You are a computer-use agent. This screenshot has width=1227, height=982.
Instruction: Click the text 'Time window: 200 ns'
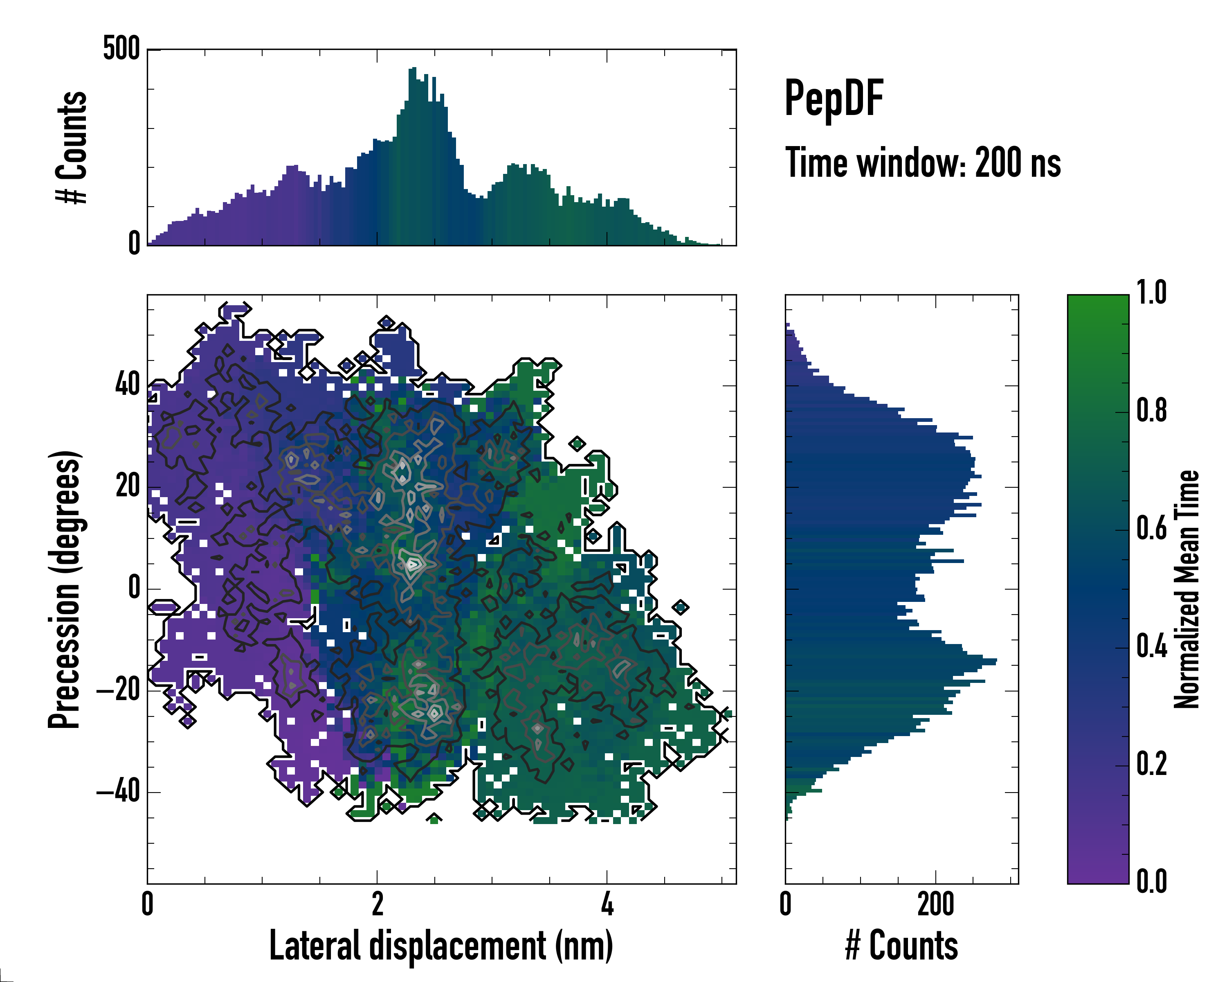pyautogui.click(x=923, y=163)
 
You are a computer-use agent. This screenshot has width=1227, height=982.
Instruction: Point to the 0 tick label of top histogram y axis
pyautogui.click(x=134, y=243)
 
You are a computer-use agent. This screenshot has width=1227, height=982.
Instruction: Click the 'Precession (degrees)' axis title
pyautogui.click(x=64, y=589)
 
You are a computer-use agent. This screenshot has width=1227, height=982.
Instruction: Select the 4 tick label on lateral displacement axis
pyautogui.click(x=607, y=904)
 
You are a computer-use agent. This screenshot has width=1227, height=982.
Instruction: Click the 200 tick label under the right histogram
pyautogui.click(x=935, y=904)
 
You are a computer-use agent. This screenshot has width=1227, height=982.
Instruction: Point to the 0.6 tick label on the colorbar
pyautogui.click(x=1151, y=528)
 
